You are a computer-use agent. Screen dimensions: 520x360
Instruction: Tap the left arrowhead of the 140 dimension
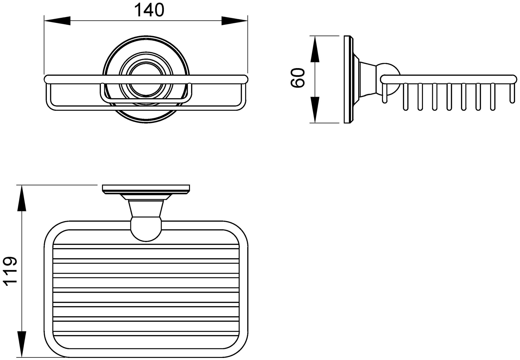pyautogui.click(x=57, y=21)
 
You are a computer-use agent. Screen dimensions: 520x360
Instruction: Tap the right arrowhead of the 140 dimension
pyautogui.click(x=234, y=21)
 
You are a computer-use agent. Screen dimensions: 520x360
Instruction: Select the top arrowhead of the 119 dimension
pyautogui.click(x=22, y=198)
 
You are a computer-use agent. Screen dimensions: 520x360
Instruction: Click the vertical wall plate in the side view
pyautogui.click(x=348, y=79)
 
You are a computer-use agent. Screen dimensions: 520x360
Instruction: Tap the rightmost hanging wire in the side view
pyautogui.click(x=512, y=93)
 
